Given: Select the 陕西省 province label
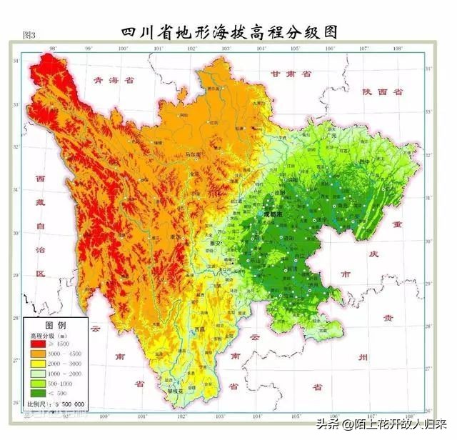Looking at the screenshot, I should (382, 92).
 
